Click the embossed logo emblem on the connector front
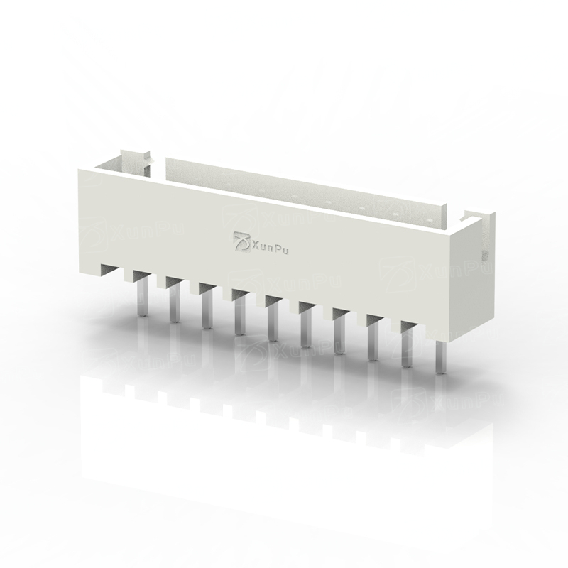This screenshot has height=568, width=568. click(241, 241)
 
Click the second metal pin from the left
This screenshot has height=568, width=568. click(175, 302)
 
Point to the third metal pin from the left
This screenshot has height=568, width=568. click(207, 310)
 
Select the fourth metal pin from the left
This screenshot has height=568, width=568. click(239, 316)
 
